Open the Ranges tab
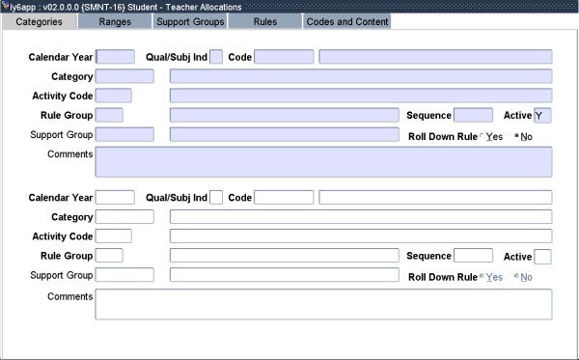pos(115,21)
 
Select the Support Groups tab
pos(190,21)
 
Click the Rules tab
pos(264,21)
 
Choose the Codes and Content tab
pos(347,21)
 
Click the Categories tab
pos(40,21)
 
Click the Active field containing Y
pos(542,116)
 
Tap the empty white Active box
pos(542,257)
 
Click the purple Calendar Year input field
pos(116,57)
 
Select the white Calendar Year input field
pos(116,198)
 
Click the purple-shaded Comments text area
pos(323,162)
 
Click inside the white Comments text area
pos(323,303)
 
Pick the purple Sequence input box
pos(473,116)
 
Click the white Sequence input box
pos(473,257)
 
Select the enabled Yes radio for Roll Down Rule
pos(482,136)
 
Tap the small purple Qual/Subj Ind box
pos(216,57)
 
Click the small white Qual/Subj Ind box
pos(216,198)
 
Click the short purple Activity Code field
pos(114,96)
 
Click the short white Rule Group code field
pos(109,257)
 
